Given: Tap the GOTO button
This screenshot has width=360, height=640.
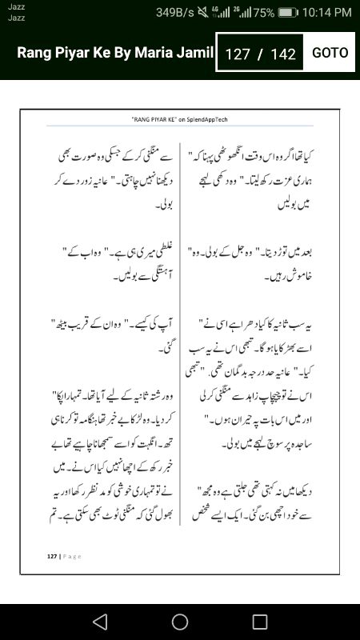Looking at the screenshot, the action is tap(330, 53).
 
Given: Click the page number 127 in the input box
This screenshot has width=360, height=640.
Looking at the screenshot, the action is tap(238, 54).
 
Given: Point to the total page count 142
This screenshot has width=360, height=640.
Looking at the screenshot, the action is tap(283, 54).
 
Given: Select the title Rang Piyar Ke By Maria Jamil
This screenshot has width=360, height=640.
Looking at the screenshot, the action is tap(116, 54).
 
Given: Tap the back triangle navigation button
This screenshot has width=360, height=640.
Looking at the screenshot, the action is tap(99, 622).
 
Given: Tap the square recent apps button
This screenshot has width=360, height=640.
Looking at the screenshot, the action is tap(260, 622).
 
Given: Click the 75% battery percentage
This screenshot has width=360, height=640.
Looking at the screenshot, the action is tap(263, 13).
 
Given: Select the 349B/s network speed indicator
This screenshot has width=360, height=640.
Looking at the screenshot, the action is tap(175, 13).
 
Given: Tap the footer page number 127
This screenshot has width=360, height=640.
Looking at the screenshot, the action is tap(52, 555).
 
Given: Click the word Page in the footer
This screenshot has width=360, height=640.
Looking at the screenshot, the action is tap(72, 555).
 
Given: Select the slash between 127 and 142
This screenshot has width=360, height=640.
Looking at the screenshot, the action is tap(260, 54).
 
